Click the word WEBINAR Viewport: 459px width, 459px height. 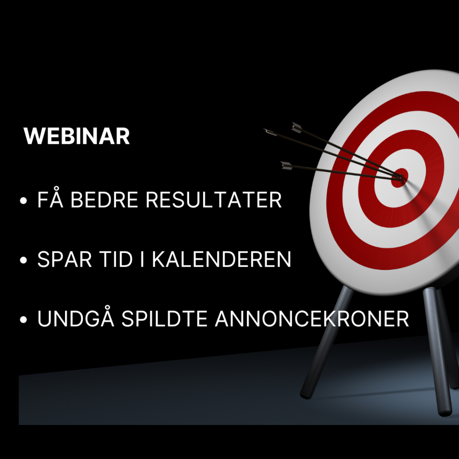click(76, 136)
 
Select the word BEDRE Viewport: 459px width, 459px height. click(104, 200)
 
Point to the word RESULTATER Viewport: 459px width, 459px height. click(214, 200)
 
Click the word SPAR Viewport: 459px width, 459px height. click(65, 259)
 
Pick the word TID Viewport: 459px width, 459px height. click(116, 259)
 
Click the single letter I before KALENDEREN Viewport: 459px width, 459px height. click(142, 259)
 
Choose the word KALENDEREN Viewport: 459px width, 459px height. click(221, 259)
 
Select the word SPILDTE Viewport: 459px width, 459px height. click(165, 319)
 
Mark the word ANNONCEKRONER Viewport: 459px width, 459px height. click(312, 319)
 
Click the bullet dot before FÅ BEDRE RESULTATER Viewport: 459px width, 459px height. click(23, 201)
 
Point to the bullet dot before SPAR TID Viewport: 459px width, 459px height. click(23, 260)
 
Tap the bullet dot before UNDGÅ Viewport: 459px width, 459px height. click(23, 319)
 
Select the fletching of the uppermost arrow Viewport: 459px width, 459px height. click(297, 128)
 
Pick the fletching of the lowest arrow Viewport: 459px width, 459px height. click(286, 165)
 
